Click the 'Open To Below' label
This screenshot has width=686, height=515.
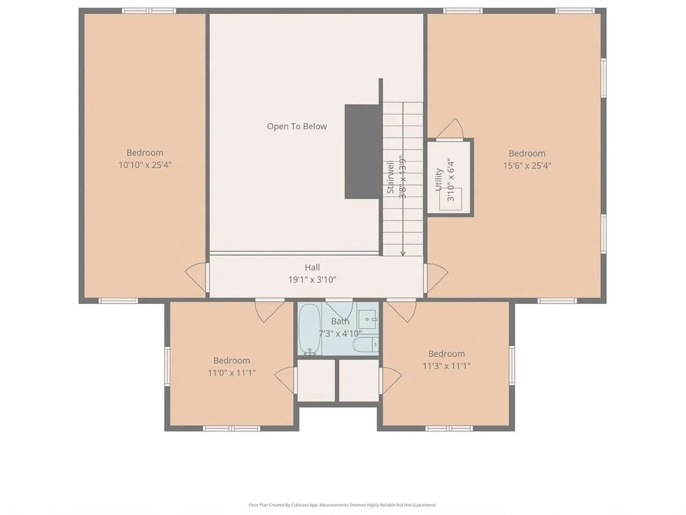pyautogui.click(x=296, y=126)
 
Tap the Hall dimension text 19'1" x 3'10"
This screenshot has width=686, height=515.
pyautogui.click(x=312, y=279)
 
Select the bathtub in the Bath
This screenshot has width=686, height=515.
pyautogui.click(x=309, y=330)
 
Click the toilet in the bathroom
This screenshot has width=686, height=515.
pyautogui.click(x=366, y=345)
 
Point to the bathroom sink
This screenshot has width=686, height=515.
pyautogui.click(x=367, y=319)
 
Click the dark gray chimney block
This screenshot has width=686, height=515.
pyautogui.click(x=362, y=152)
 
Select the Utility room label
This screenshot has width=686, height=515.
pyautogui.click(x=439, y=180)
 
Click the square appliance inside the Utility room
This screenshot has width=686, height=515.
pyautogui.click(x=450, y=199)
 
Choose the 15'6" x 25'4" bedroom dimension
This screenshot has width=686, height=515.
pyautogui.click(x=527, y=165)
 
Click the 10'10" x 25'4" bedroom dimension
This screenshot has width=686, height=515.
pyautogui.click(x=145, y=165)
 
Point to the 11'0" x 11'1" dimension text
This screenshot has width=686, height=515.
pyautogui.click(x=232, y=372)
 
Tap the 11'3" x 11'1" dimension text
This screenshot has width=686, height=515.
pyautogui.click(x=446, y=365)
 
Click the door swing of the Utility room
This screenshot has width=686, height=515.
pyautogui.click(x=451, y=129)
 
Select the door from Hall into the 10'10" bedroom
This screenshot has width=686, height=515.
pyautogui.click(x=196, y=277)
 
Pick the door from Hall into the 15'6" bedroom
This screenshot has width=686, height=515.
pyautogui.click(x=436, y=278)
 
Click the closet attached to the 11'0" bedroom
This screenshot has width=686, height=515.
pyautogui.click(x=316, y=380)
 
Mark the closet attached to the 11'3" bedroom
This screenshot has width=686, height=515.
pyautogui.click(x=359, y=380)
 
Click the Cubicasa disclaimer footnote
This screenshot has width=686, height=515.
pyautogui.click(x=342, y=505)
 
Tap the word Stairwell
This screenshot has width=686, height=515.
pyautogui.click(x=390, y=177)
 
